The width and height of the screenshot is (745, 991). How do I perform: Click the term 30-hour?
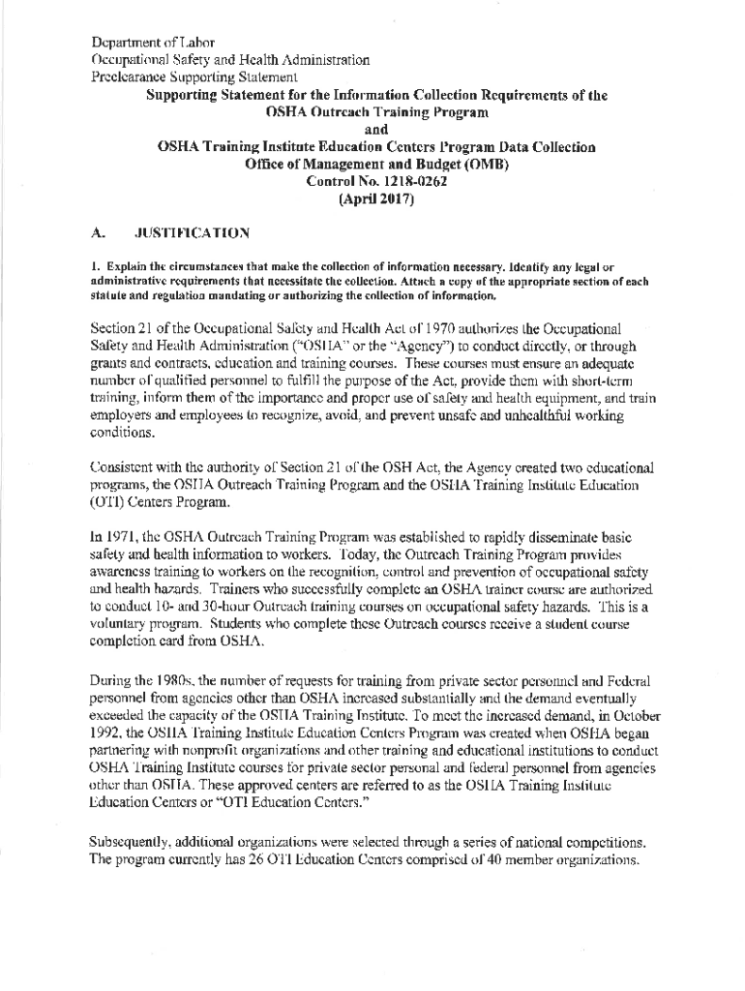[248, 607]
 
